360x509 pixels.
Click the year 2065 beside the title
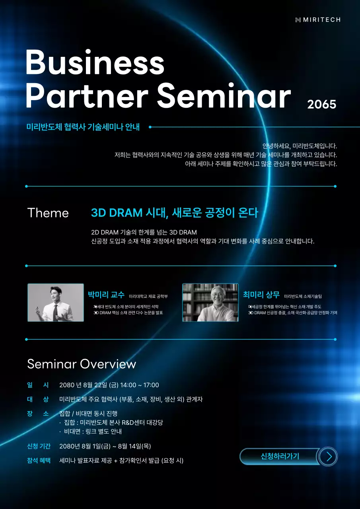(x=321, y=104)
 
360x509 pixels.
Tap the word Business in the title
(x=95, y=63)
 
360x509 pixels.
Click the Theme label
(x=48, y=213)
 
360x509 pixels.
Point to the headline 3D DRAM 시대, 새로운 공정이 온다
(x=175, y=213)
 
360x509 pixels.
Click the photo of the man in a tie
(x=56, y=303)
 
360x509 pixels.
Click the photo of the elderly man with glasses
(x=210, y=303)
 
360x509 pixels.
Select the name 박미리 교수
(x=106, y=295)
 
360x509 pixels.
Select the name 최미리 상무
(x=261, y=295)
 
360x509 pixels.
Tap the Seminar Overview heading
(x=82, y=364)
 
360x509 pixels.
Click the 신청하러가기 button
(x=280, y=456)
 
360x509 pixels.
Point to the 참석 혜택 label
(x=39, y=460)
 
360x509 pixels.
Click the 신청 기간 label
(x=39, y=446)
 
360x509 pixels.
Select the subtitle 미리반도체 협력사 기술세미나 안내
(x=83, y=127)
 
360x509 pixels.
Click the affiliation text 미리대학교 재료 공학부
(x=148, y=297)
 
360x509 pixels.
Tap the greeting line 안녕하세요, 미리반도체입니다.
(x=300, y=146)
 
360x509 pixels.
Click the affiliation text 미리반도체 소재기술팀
(x=303, y=297)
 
